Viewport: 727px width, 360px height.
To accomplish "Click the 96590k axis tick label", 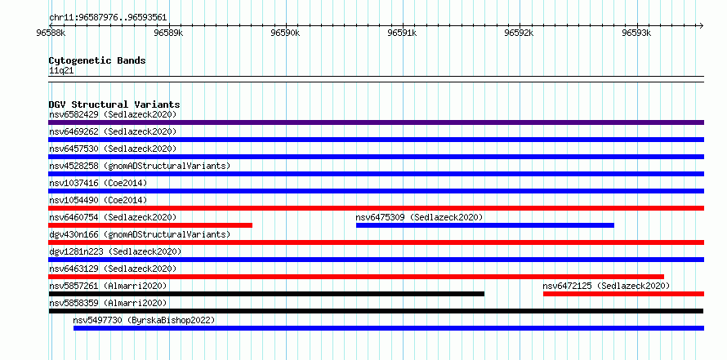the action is (286, 33).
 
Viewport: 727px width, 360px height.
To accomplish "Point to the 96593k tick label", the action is (637, 33).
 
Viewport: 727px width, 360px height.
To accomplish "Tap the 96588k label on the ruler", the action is (51, 33).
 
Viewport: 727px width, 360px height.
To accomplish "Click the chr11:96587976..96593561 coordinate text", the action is (108, 18).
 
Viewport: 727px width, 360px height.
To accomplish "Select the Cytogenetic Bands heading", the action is (97, 60).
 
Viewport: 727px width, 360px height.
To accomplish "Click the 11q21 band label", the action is (61, 71).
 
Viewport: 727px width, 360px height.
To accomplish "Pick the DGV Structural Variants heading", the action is (114, 104).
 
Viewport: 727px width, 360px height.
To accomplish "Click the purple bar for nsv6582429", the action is (376, 122).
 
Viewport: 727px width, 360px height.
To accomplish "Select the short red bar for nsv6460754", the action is (150, 225).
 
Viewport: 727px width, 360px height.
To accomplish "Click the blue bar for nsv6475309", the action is (485, 225).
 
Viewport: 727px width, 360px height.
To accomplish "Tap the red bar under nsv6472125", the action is (623, 294).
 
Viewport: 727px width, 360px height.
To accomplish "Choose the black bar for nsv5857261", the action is (266, 294).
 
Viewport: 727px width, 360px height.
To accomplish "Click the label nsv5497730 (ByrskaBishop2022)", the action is (145, 320).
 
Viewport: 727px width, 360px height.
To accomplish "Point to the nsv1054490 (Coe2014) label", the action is (98, 200).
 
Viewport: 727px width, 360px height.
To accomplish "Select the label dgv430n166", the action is (74, 234).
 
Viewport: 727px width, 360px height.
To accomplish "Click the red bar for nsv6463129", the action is (356, 277).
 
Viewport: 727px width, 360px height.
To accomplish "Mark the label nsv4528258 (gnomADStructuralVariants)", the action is (140, 166).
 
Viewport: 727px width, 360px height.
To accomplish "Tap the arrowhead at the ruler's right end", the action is (702, 25).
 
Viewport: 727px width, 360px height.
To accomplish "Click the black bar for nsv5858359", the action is (376, 311).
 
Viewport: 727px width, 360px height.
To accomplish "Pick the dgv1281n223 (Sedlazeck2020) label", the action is (115, 251).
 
